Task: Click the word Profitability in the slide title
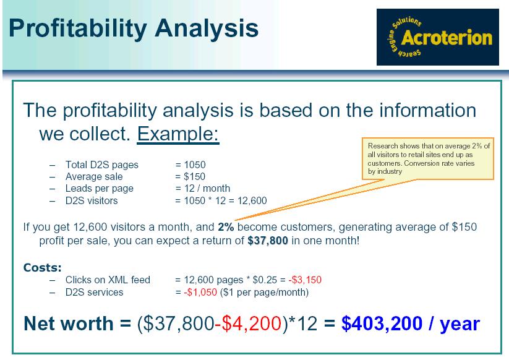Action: [x=78, y=28]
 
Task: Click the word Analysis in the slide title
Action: [x=207, y=28]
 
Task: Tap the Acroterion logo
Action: [x=438, y=37]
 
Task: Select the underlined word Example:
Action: [x=178, y=134]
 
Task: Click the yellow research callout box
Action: [x=428, y=158]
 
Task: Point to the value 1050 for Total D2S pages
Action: [x=195, y=165]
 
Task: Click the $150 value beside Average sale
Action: [x=194, y=176]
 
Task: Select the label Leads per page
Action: [x=100, y=188]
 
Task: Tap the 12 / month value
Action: [x=207, y=188]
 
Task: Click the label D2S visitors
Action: [x=92, y=200]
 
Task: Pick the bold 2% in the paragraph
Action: [x=226, y=227]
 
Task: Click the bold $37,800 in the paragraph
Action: [x=267, y=241]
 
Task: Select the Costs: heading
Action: [x=43, y=267]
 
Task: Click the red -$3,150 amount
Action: [x=305, y=280]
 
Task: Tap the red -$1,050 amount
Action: [x=200, y=292]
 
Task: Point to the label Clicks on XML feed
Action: [x=108, y=280]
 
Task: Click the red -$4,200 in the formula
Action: [x=248, y=324]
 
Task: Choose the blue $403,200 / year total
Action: [x=410, y=324]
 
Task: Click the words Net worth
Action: [x=69, y=324]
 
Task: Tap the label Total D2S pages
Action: [x=102, y=165]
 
